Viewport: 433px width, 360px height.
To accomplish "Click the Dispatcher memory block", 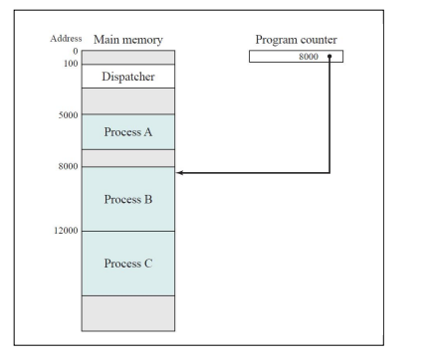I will pyautogui.click(x=127, y=77).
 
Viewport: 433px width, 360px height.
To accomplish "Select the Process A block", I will pyautogui.click(x=127, y=131).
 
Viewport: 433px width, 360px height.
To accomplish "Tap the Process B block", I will pyautogui.click(x=127, y=199).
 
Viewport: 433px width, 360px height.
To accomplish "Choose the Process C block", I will pyautogui.click(x=127, y=264).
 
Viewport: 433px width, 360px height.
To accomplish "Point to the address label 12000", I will pyautogui.click(x=65, y=231).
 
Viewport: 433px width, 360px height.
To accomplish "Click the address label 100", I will pyautogui.click(x=71, y=63).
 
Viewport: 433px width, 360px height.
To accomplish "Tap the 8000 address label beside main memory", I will pyautogui.click(x=68, y=165).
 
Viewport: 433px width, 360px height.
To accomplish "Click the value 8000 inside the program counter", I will pyautogui.click(x=308, y=57).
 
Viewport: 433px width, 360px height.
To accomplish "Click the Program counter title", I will pyautogui.click(x=297, y=40).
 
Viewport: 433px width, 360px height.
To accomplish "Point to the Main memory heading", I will pyautogui.click(x=127, y=40).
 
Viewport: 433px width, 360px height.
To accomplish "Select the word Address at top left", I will pyautogui.click(x=66, y=39).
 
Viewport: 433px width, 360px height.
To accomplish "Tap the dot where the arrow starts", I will pyautogui.click(x=329, y=57).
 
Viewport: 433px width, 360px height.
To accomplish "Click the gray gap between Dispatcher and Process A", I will pyautogui.click(x=127, y=100).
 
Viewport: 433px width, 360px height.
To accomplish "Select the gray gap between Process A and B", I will pyautogui.click(x=127, y=157).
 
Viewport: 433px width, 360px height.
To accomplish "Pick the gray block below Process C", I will pyautogui.click(x=127, y=312).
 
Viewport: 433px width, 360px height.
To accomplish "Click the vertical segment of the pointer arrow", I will pyautogui.click(x=329, y=114).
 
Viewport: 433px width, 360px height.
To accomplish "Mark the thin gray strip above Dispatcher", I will pyautogui.click(x=127, y=57).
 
